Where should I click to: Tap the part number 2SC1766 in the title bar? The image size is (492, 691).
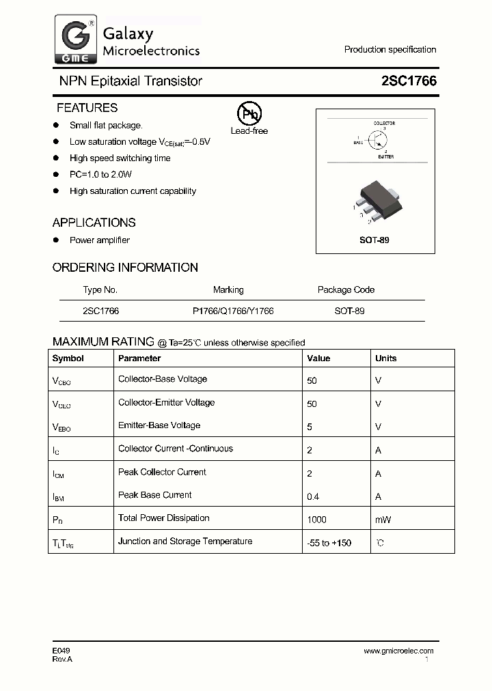click(x=409, y=81)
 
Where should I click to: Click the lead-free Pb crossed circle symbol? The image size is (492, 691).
click(x=249, y=114)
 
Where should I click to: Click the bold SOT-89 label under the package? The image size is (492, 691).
click(x=374, y=240)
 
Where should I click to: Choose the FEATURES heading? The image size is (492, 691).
click(x=87, y=108)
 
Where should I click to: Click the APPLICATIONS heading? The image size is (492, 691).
click(x=94, y=223)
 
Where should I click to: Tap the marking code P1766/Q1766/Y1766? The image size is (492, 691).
click(x=233, y=311)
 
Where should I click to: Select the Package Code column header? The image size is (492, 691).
click(x=346, y=290)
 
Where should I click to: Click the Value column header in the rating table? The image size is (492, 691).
click(x=318, y=358)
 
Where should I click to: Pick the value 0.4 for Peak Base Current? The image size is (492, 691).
click(x=312, y=496)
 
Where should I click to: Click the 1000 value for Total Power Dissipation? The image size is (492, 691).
click(x=317, y=520)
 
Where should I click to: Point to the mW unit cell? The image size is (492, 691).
click(x=383, y=520)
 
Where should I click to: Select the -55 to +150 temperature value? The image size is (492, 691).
click(x=329, y=543)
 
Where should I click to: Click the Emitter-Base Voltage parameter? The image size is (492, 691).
click(x=159, y=425)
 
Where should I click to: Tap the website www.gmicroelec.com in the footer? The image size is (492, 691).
click(x=398, y=651)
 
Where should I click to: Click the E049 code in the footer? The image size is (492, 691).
click(x=61, y=651)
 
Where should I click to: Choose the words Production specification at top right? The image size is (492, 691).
click(x=390, y=49)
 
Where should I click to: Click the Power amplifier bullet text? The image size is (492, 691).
click(x=100, y=240)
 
